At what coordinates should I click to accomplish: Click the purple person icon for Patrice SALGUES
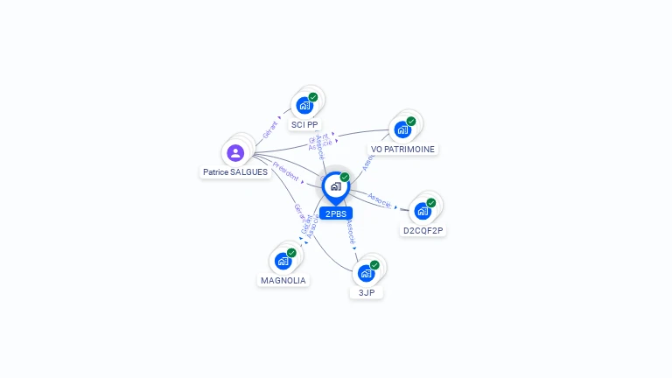pyautogui.click(x=234, y=153)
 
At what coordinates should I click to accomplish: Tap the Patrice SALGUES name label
pyautogui.click(x=235, y=172)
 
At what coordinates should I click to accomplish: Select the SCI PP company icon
pyautogui.click(x=304, y=105)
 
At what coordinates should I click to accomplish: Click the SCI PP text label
pyautogui.click(x=304, y=124)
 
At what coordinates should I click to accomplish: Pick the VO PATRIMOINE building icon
pyautogui.click(x=402, y=129)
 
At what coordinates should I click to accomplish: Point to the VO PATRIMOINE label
pyautogui.click(x=402, y=149)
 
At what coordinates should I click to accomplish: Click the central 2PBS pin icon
pyautogui.click(x=335, y=186)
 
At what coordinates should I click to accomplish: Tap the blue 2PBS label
pyautogui.click(x=335, y=213)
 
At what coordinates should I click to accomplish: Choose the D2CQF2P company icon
pyautogui.click(x=423, y=211)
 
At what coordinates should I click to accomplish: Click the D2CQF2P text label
pyautogui.click(x=424, y=230)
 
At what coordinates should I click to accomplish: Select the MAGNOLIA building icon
pyautogui.click(x=283, y=261)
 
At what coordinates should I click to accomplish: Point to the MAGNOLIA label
pyautogui.click(x=283, y=280)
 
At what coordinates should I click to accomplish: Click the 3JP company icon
pyautogui.click(x=367, y=272)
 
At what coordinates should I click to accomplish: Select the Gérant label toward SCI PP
pyautogui.click(x=270, y=129)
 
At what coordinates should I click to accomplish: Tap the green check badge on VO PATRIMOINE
pyautogui.click(x=411, y=121)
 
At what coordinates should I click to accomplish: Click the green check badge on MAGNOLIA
pyautogui.click(x=291, y=252)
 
